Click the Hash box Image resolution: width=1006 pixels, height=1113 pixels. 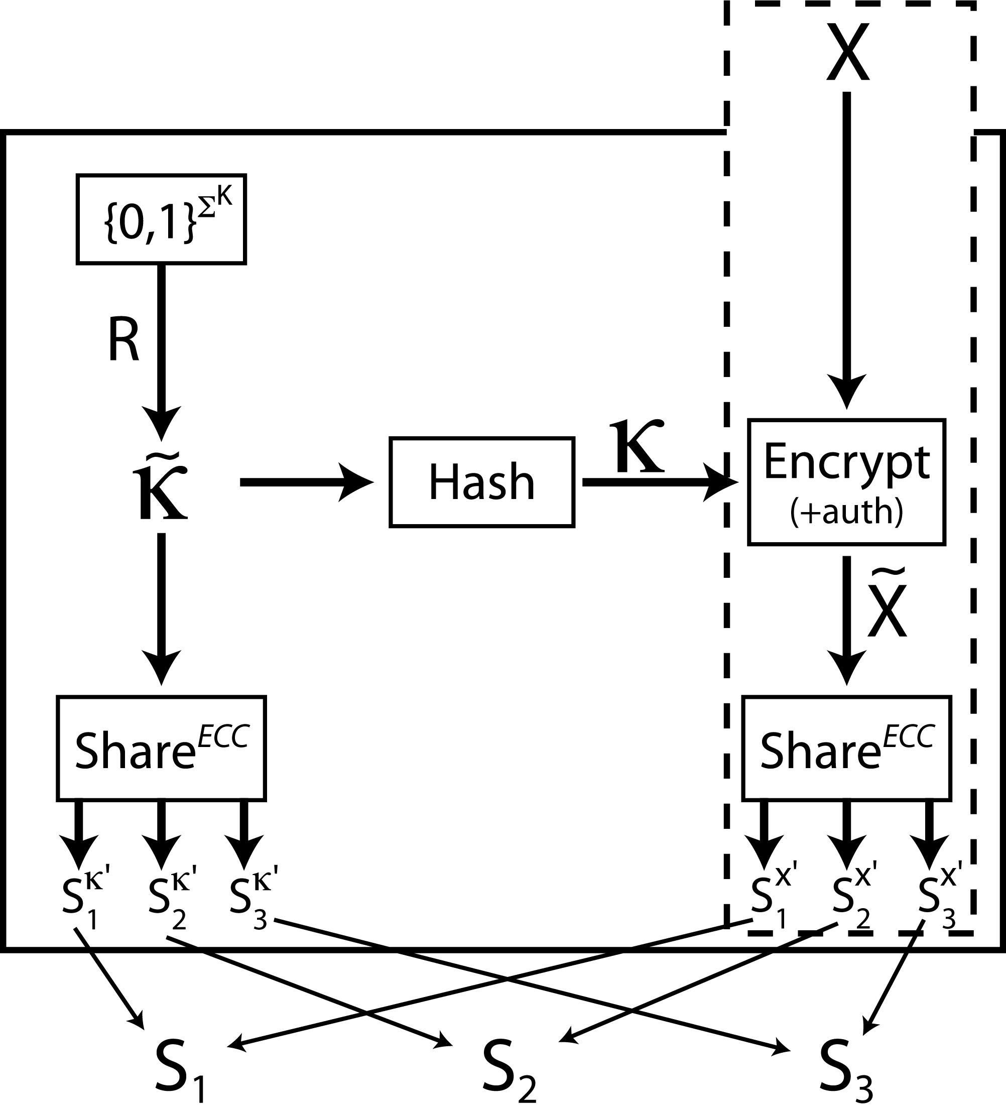click(481, 482)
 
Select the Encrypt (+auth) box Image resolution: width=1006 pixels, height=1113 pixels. click(846, 482)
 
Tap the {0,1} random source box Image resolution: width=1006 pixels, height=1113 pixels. click(161, 219)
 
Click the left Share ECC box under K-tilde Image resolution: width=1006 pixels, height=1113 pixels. click(161, 748)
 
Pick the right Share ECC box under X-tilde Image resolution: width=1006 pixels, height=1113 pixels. click(846, 748)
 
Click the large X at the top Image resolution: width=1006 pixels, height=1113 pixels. click(847, 52)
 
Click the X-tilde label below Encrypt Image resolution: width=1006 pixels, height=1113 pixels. click(887, 607)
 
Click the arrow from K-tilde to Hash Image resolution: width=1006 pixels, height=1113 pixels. click(306, 482)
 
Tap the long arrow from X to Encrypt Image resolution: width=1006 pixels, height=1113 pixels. click(847, 249)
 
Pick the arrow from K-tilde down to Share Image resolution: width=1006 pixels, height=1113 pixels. click(161, 607)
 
